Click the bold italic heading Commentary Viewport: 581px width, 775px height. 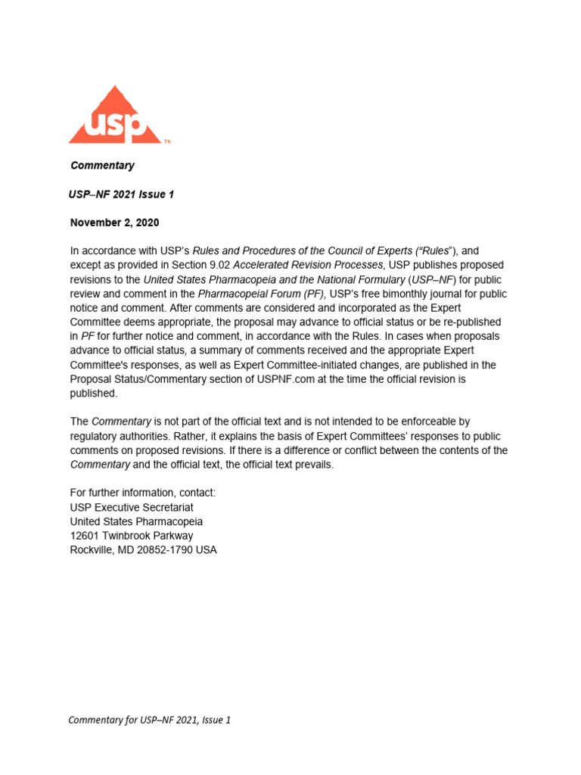tap(102, 166)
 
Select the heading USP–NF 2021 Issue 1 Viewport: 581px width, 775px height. tap(121, 195)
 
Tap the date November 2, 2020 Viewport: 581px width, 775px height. tap(115, 223)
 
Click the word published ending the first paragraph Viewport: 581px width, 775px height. tap(94, 393)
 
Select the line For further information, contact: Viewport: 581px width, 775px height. tap(143, 493)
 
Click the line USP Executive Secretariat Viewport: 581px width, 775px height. tap(133, 507)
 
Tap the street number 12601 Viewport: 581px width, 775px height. tap(85, 536)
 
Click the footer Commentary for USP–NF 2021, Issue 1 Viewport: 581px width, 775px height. tap(149, 720)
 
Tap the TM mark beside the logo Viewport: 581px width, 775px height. tap(168, 141)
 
